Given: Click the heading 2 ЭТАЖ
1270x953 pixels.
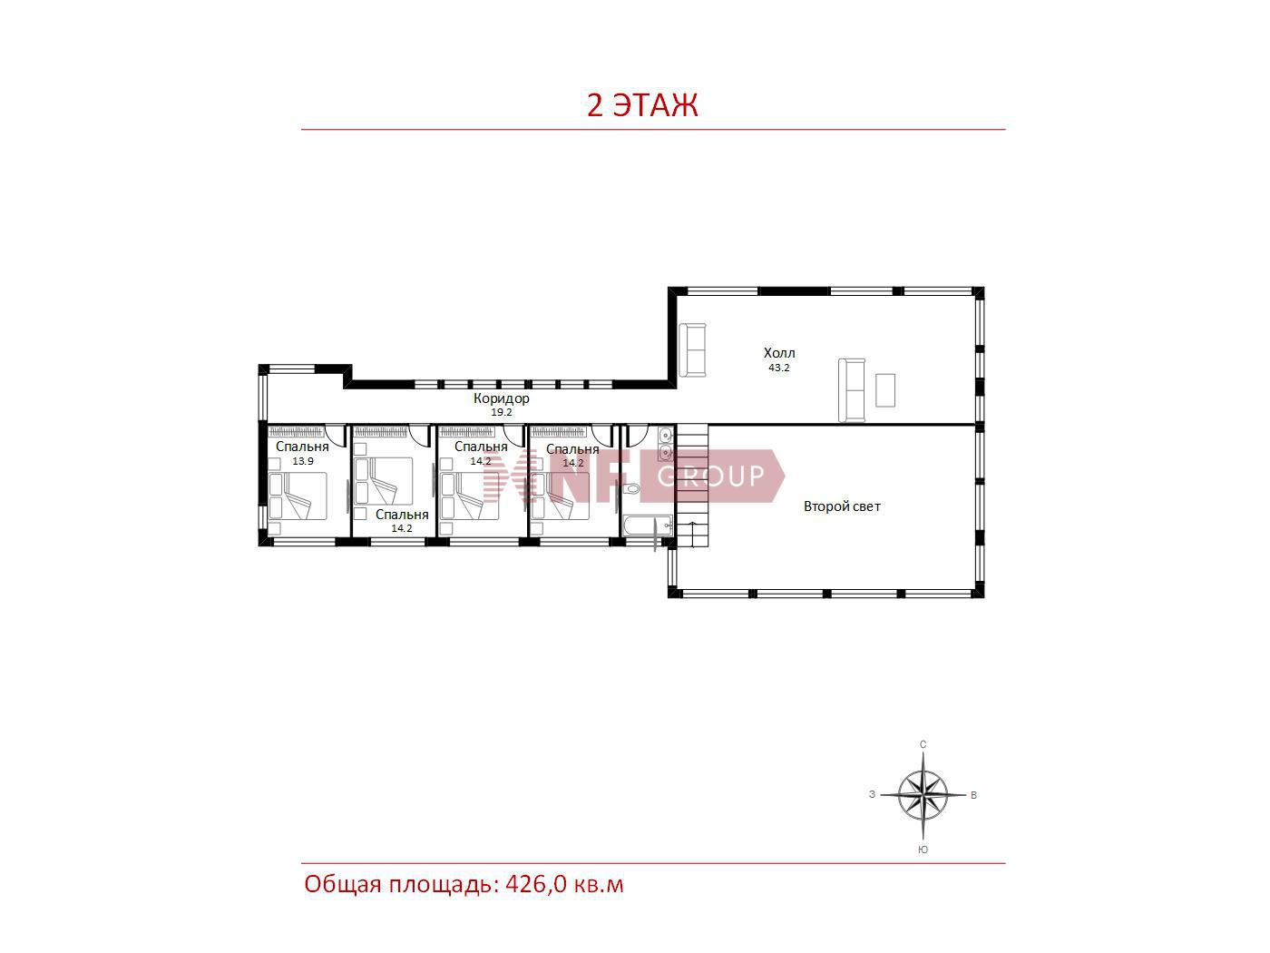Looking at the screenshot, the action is click(642, 105).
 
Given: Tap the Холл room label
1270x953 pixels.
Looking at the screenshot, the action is click(778, 353).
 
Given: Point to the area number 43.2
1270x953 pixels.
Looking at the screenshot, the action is click(778, 368).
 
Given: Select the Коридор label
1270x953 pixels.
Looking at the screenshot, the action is click(501, 398).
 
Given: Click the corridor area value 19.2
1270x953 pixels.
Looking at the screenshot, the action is click(501, 413).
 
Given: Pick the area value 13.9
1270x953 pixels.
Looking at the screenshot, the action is click(303, 461).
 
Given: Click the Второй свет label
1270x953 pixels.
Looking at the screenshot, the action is click(842, 506).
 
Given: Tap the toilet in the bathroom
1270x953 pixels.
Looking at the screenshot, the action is click(630, 489).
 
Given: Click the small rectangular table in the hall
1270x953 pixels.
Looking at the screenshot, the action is click(885, 390).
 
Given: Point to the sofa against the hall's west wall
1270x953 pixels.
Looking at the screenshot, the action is click(692, 349).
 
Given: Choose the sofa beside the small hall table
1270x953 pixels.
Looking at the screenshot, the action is click(852, 390).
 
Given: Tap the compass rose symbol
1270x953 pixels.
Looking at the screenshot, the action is click(923, 796).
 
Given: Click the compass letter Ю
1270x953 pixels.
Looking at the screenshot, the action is click(923, 850).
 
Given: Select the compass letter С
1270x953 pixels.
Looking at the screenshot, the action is click(923, 744).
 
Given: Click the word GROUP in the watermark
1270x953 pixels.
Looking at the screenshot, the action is click(711, 476).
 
